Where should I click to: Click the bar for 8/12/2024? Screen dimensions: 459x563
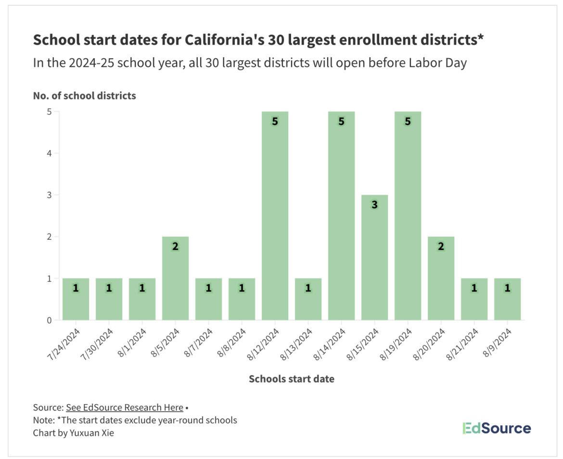click(275, 216)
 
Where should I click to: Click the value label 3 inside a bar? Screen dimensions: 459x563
click(374, 204)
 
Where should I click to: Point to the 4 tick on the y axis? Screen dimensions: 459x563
click(50, 153)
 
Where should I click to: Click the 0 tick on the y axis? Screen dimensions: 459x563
click(50, 320)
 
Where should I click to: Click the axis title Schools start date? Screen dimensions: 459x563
click(291, 379)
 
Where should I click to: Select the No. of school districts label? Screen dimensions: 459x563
click(84, 96)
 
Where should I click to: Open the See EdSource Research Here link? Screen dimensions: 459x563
click(124, 408)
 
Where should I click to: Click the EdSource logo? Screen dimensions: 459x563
click(496, 428)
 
